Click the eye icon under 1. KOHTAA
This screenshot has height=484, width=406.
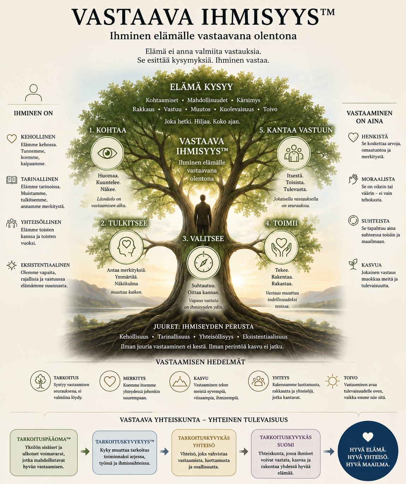[107, 153]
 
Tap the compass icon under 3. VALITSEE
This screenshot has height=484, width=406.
[203, 263]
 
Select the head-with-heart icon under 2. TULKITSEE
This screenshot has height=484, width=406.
[126, 247]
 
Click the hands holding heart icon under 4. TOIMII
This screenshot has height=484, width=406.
[281, 247]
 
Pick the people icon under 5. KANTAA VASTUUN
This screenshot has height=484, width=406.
[294, 153]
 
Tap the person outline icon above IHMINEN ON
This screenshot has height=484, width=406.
[33, 93]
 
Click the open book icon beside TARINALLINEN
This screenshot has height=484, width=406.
[12, 180]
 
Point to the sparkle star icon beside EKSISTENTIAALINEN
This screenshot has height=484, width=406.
[12, 266]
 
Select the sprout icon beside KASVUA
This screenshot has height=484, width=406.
[353, 264]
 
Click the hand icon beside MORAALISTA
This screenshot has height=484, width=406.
[353, 179]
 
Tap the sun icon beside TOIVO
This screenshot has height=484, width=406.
[332, 381]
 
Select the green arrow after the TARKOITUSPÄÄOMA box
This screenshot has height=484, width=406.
[85, 451]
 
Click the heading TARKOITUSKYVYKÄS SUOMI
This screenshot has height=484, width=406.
[286, 441]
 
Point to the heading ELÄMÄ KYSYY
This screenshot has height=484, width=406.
[201, 87]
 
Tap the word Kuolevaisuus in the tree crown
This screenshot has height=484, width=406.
[237, 109]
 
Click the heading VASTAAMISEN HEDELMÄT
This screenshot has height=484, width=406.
[200, 362]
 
